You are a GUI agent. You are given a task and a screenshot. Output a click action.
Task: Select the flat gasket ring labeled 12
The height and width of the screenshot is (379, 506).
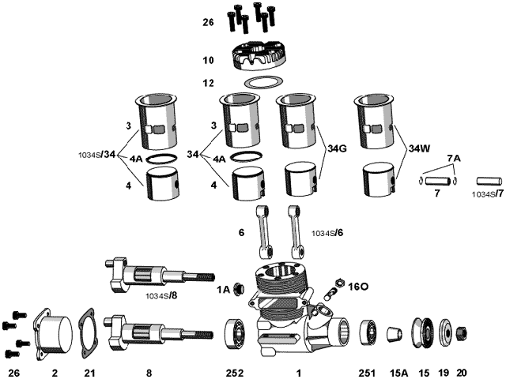[262, 81]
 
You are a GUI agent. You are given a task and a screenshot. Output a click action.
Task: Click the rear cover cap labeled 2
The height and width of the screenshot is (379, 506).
[54, 333]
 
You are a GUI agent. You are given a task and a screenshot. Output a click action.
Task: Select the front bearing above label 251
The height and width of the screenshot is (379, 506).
[368, 332]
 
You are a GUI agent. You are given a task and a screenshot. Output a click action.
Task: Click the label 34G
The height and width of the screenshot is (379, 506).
[338, 148]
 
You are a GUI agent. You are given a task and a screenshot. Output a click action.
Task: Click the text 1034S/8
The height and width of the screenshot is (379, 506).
[161, 296]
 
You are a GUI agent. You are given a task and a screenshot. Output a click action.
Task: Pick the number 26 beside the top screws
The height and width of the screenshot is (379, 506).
[208, 22]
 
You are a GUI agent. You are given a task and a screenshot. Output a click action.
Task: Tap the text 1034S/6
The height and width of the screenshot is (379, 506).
[327, 233]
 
